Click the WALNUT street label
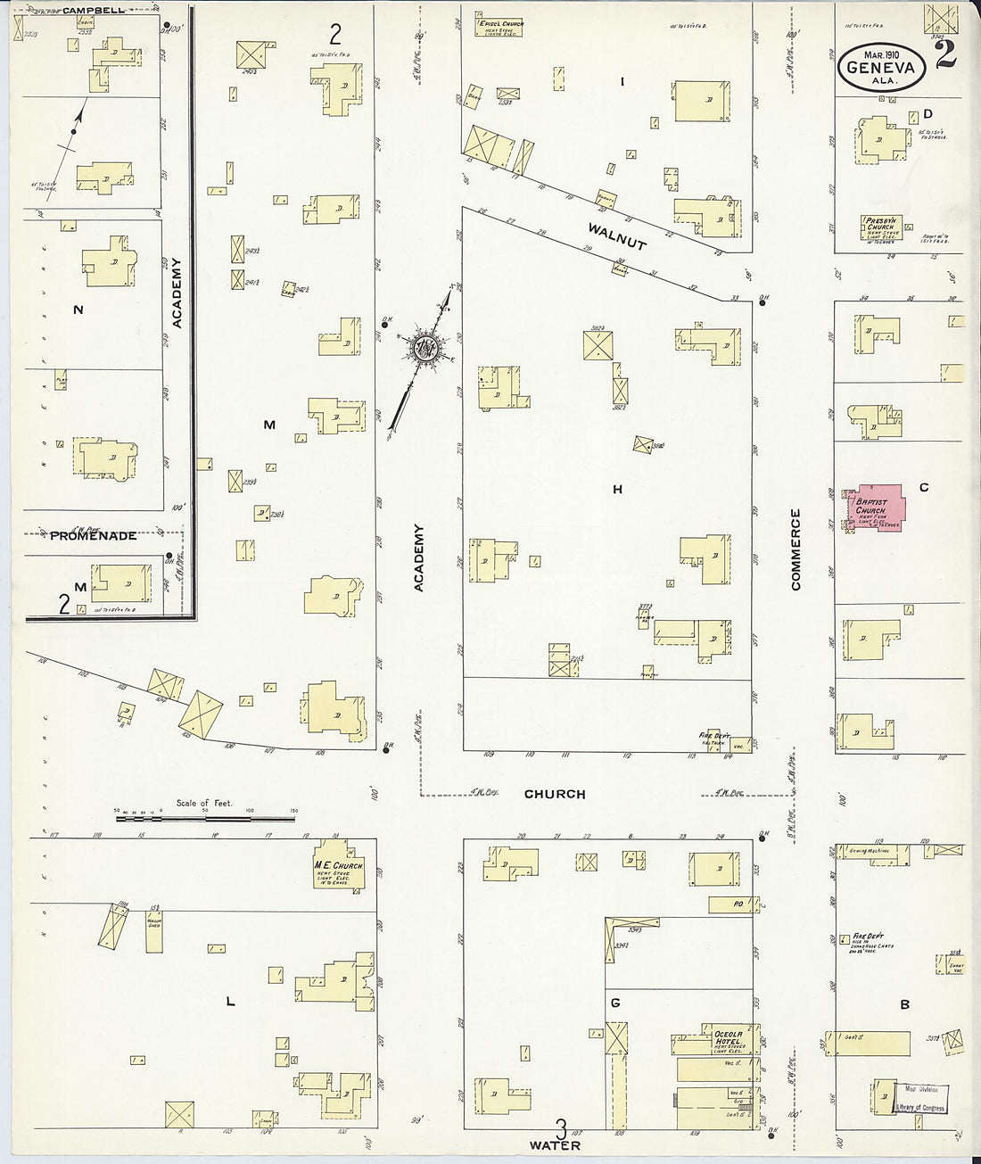616,235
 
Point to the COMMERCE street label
796,549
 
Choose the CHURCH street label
554,794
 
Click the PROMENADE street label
93,535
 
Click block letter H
616,489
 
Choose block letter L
230,1002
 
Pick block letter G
615,1003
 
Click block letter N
78,310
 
